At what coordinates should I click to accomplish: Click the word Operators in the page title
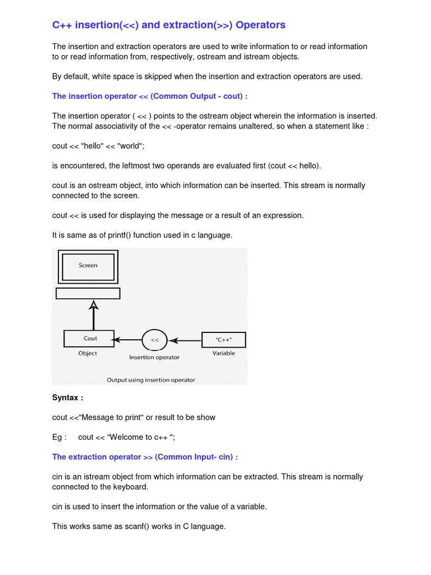click(x=260, y=25)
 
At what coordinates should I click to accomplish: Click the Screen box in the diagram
click(x=88, y=266)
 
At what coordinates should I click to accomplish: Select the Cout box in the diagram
click(x=89, y=339)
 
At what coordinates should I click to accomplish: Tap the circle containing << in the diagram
click(x=155, y=340)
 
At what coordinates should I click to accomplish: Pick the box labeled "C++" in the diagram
click(x=223, y=340)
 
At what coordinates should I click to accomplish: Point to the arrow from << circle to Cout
click(x=128, y=340)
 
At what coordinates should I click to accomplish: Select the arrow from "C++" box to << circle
click(x=185, y=340)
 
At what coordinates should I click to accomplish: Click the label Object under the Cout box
click(x=88, y=353)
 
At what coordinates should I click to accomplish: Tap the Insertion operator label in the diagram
click(x=154, y=357)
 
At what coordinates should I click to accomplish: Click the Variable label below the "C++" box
click(x=223, y=353)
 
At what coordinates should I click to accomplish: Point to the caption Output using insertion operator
click(x=151, y=380)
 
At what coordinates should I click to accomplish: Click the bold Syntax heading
click(x=67, y=398)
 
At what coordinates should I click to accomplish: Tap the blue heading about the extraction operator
click(x=145, y=457)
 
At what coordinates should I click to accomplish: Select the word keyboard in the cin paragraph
click(x=130, y=487)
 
